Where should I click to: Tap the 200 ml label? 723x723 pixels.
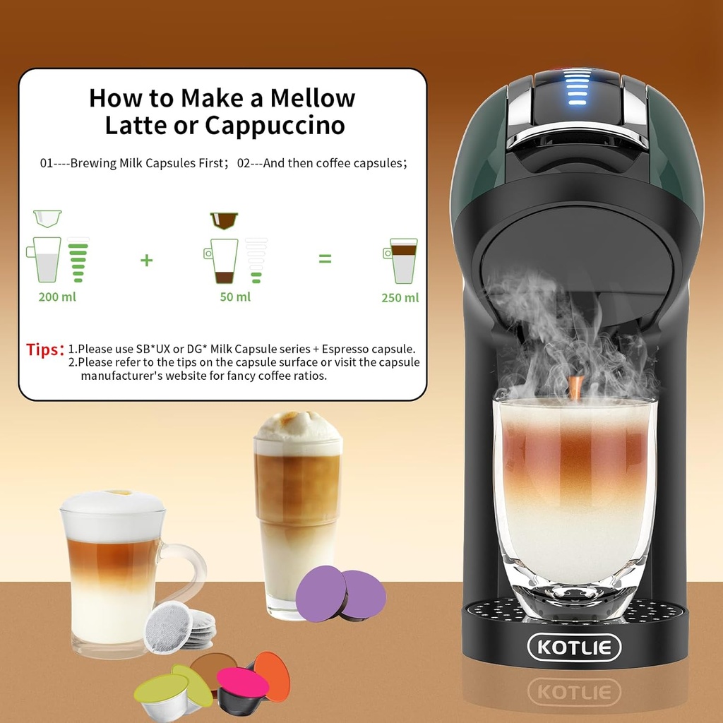coord(57,297)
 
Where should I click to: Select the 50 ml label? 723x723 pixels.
coord(235,297)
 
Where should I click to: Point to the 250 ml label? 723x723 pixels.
coord(400,297)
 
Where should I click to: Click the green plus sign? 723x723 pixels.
coord(146,260)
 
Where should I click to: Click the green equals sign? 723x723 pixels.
coord(325,259)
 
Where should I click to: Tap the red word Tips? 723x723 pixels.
coord(45,349)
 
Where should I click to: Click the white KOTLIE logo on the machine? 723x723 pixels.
coord(574,647)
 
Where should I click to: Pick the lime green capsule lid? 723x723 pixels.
coord(161,688)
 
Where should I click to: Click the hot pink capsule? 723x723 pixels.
coord(242,682)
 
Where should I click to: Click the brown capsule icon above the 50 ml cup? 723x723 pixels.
coord(224,220)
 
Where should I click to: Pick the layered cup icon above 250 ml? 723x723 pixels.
coord(402,261)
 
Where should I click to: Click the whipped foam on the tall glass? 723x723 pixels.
coord(297,427)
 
